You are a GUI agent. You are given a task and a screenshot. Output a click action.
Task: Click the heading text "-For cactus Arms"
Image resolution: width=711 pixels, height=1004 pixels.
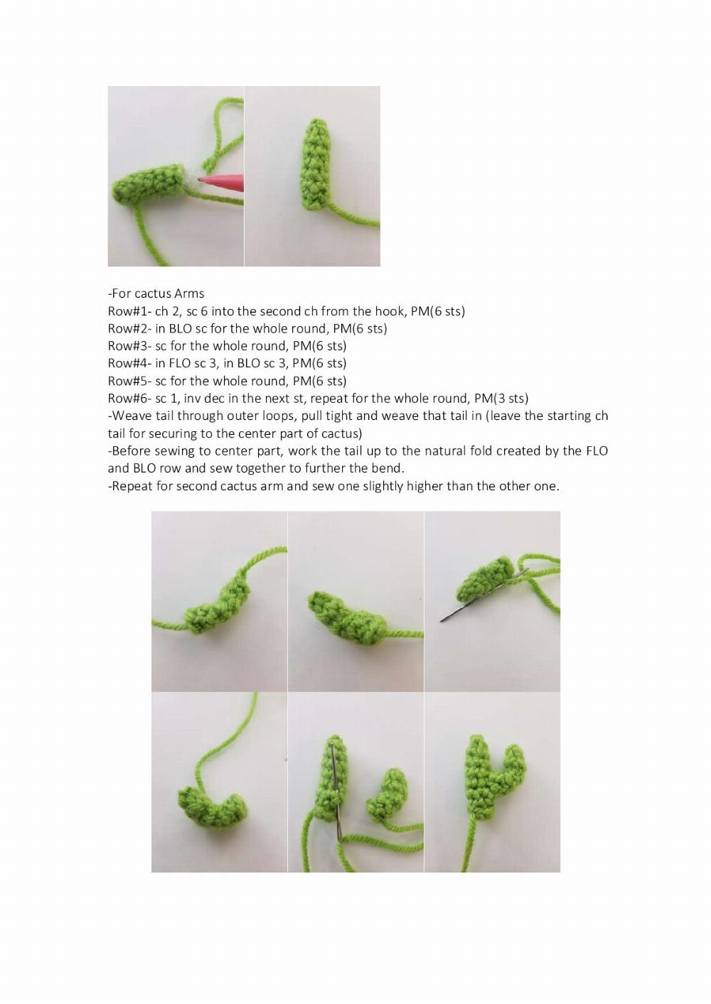[156, 293]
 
